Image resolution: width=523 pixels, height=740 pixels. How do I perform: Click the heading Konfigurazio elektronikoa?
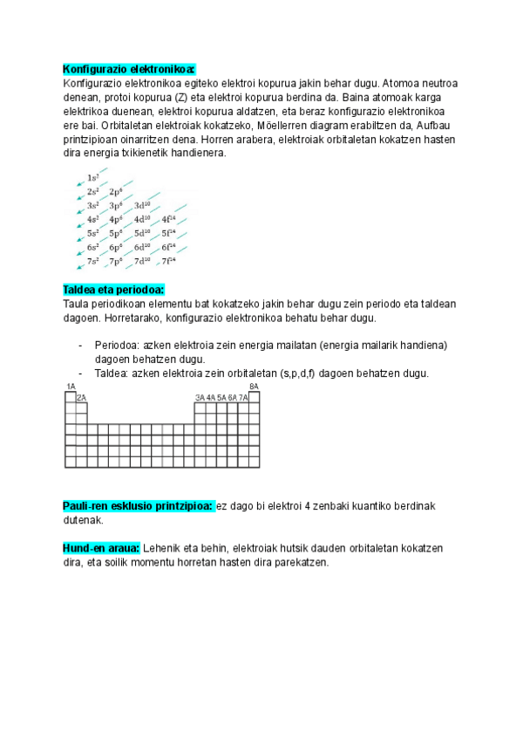pyautogui.click(x=129, y=69)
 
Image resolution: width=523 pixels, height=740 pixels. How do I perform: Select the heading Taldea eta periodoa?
pyautogui.click(x=114, y=290)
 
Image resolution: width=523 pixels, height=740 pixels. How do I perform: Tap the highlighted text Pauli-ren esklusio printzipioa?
pyautogui.click(x=138, y=506)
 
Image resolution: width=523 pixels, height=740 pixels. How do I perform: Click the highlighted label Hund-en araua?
pyautogui.click(x=101, y=548)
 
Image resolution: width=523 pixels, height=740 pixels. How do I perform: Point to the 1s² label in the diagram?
pyautogui.click(x=93, y=177)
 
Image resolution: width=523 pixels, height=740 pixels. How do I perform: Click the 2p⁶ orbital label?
pyautogui.click(x=116, y=191)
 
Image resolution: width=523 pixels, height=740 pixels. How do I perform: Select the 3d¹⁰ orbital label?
pyautogui.click(x=142, y=205)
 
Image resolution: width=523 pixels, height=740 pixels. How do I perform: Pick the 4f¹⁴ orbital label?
pyautogui.click(x=168, y=219)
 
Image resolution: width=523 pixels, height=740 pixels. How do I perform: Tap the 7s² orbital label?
pyautogui.click(x=93, y=261)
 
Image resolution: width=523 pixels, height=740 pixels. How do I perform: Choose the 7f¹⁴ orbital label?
pyautogui.click(x=168, y=261)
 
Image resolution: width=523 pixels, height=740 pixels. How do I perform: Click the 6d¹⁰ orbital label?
pyautogui.click(x=142, y=247)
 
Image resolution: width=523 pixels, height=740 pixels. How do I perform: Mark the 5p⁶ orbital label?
pyautogui.click(x=116, y=233)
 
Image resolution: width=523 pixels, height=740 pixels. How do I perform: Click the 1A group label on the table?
pyautogui.click(x=71, y=386)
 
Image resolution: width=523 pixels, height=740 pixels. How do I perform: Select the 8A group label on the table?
pyautogui.click(x=254, y=386)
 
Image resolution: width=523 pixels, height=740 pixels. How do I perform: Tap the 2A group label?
pyautogui.click(x=82, y=397)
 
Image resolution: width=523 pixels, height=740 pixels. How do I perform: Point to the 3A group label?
pyautogui.click(x=200, y=397)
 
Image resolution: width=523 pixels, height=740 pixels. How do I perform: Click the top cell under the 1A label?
pyautogui.click(x=71, y=396)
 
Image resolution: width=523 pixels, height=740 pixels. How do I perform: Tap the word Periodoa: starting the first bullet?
pyautogui.click(x=117, y=346)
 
